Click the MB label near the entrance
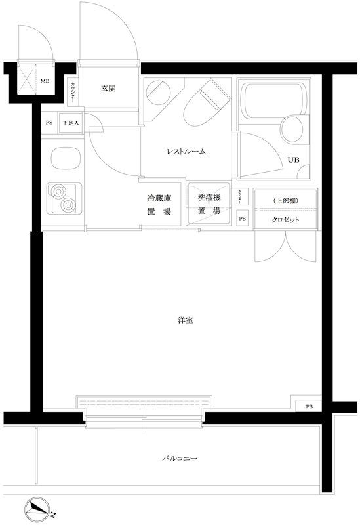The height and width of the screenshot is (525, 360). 45,81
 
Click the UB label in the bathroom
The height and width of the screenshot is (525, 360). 292,158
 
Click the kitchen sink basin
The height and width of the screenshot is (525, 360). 62,159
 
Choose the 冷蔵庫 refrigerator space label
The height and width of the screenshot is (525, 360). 158,204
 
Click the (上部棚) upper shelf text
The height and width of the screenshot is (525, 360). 285,201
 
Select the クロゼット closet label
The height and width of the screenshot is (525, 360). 285,220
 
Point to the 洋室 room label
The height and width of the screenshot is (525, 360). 185,320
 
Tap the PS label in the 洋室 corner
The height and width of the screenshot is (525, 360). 309,407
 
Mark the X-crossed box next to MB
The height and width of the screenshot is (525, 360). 27,81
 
